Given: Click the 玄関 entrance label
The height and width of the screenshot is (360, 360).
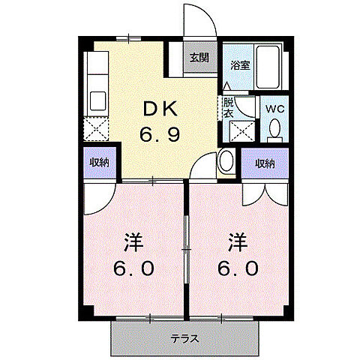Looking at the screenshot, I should click(x=199, y=58).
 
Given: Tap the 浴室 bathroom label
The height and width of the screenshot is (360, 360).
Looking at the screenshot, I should click(x=240, y=65).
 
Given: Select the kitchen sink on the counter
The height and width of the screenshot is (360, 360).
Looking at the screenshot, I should click(x=98, y=99).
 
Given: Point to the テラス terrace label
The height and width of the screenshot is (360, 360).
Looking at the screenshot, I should click(x=184, y=338).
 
